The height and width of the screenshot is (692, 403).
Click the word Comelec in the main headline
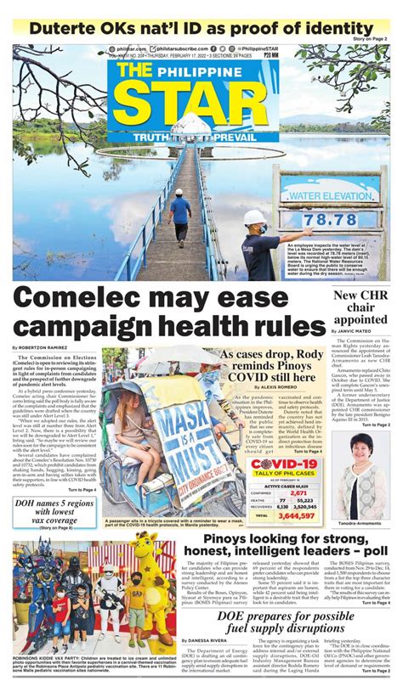pyautogui.click(x=85, y=299)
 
